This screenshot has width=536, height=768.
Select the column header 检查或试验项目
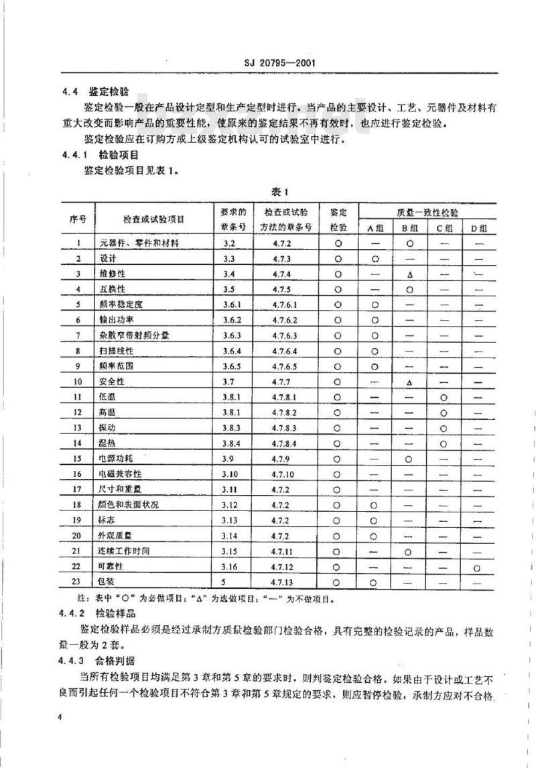tap(153, 219)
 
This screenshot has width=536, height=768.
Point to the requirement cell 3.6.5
tap(232, 366)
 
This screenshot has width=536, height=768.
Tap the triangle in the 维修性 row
tap(408, 274)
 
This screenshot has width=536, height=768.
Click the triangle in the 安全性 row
tap(408, 382)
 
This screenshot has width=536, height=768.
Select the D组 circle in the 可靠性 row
tap(476, 568)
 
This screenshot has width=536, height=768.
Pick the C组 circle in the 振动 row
tap(443, 428)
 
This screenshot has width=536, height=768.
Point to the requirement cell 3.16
tap(232, 567)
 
